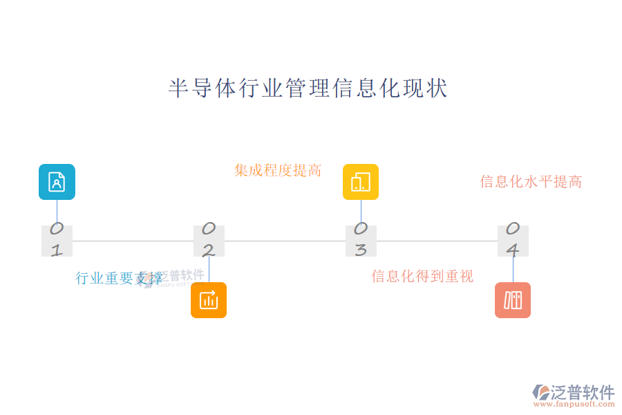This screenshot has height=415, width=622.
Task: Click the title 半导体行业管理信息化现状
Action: [308, 89]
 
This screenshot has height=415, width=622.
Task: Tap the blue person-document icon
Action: [57, 182]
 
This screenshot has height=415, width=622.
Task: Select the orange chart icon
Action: [209, 300]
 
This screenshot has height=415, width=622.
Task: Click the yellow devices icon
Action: [361, 182]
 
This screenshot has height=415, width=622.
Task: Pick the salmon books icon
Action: [513, 300]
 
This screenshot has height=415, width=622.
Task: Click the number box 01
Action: [57, 241]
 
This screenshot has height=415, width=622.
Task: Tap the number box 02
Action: [209, 241]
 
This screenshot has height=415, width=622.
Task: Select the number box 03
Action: [361, 241]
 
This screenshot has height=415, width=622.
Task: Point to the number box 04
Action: [513, 241]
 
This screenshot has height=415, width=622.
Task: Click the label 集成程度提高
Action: [278, 170]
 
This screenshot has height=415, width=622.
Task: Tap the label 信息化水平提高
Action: [531, 182]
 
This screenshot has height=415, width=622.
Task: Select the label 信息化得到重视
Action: [422, 277]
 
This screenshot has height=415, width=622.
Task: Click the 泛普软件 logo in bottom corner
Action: [574, 393]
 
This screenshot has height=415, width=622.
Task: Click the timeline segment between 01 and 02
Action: [133, 241]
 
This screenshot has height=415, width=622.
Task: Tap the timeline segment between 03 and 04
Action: [437, 241]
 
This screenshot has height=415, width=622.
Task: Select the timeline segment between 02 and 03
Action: [285, 241]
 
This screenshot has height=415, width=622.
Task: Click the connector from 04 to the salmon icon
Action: [513, 270]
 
